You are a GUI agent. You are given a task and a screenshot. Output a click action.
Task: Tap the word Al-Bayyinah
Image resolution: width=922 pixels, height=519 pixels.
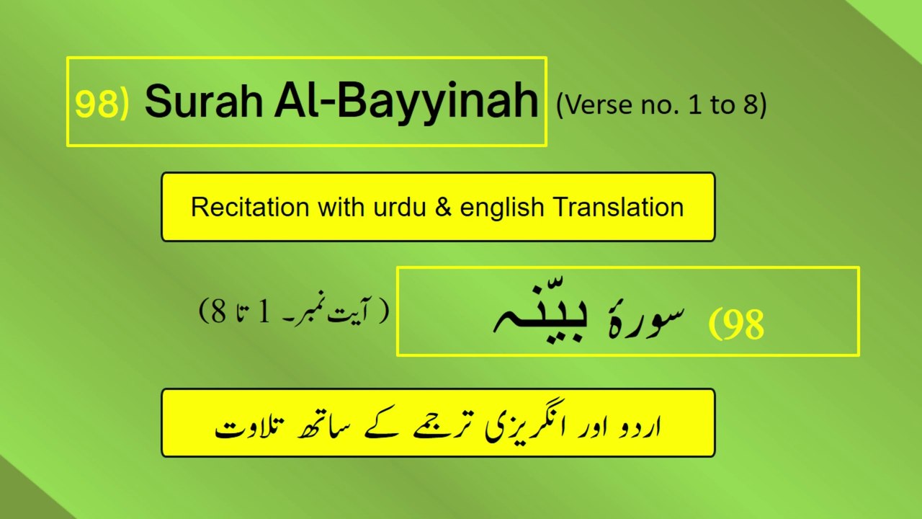(x=406, y=103)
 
